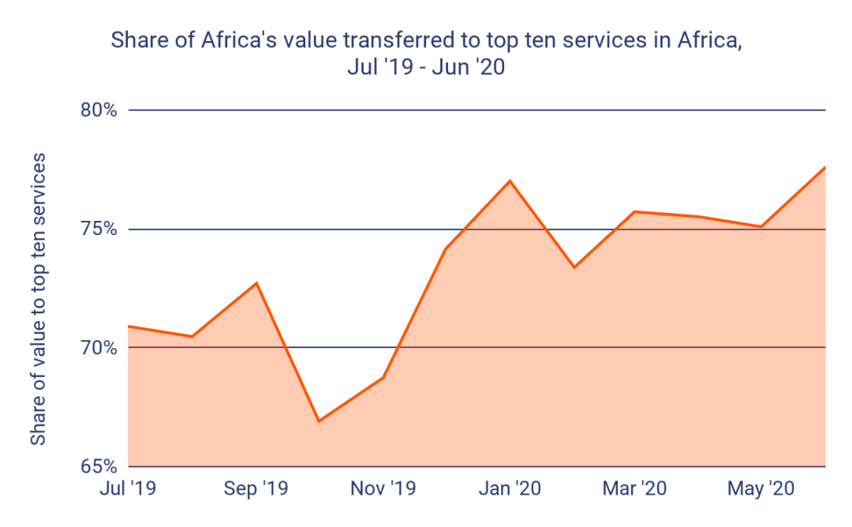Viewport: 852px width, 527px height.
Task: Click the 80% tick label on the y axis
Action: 99,110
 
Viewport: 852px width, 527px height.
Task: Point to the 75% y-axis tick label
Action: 99,230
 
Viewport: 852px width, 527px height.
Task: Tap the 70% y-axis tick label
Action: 99,348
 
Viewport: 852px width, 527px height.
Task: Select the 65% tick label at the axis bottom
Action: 99,465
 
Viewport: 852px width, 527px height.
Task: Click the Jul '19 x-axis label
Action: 128,489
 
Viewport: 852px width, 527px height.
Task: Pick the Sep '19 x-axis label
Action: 256,489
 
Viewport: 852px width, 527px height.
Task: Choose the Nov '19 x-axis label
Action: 383,489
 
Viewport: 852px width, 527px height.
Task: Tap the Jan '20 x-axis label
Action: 510,489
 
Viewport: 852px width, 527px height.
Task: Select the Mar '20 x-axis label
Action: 635,489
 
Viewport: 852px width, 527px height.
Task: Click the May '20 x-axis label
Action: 761,489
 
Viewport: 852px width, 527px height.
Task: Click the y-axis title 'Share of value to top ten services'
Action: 38,300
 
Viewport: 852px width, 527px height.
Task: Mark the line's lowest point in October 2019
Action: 319,421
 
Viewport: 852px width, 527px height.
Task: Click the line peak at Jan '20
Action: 510,181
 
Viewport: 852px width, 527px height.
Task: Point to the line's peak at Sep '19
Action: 256,282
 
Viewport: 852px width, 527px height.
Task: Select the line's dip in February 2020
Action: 574,267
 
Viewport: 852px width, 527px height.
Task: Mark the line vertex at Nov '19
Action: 383,378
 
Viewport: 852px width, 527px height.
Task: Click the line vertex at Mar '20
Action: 635,211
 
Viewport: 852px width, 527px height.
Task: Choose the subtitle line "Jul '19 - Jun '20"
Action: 425,67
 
